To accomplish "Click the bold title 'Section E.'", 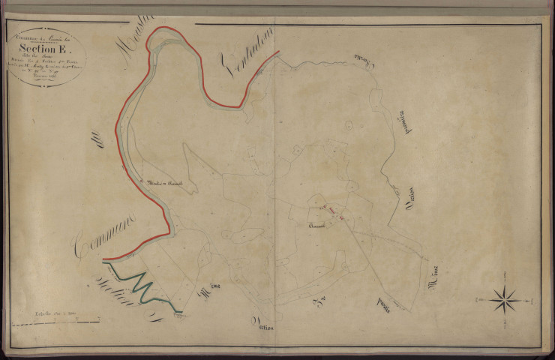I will point(46,40).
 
